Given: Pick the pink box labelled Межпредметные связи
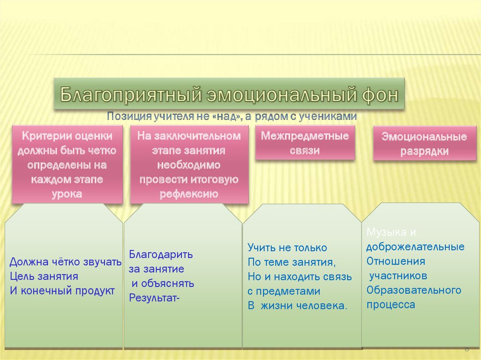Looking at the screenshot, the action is pos(305,144).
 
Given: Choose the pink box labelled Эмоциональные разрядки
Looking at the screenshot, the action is pos(424,144).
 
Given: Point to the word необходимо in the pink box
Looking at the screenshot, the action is pos(189,165).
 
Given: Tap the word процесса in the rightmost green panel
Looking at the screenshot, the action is pos(391,305).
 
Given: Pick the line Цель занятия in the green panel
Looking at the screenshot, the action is pos(44,276).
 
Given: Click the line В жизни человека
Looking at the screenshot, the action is pos(298,306).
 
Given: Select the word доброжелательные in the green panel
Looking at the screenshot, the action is pos(415,247).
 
